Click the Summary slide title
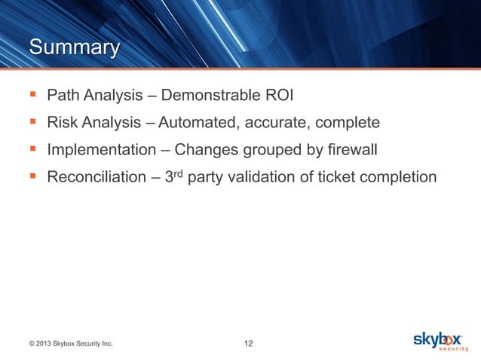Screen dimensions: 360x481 click(x=73, y=48)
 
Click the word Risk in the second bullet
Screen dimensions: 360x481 click(x=63, y=123)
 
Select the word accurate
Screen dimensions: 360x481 click(x=287, y=123)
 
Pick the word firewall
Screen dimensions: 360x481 click(x=350, y=150)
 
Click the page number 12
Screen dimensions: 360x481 click(x=248, y=344)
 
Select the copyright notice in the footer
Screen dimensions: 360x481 click(x=71, y=344)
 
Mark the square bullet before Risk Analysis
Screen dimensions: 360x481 click(x=31, y=123)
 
